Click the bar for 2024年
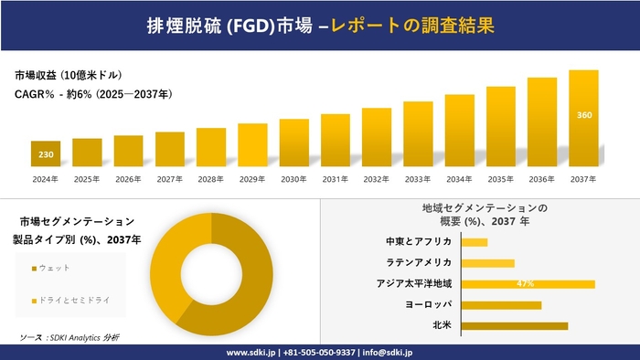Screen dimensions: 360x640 click(46, 153)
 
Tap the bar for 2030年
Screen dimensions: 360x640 click(293, 142)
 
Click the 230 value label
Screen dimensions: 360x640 click(46, 154)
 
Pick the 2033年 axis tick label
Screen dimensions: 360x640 click(418, 179)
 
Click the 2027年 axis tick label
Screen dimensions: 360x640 click(169, 179)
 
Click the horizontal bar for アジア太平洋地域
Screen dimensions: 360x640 click(528, 283)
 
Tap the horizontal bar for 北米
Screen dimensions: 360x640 click(515, 325)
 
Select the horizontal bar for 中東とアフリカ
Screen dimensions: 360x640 click(475, 242)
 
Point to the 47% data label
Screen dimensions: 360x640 click(525, 283)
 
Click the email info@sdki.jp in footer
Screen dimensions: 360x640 click(388, 352)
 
